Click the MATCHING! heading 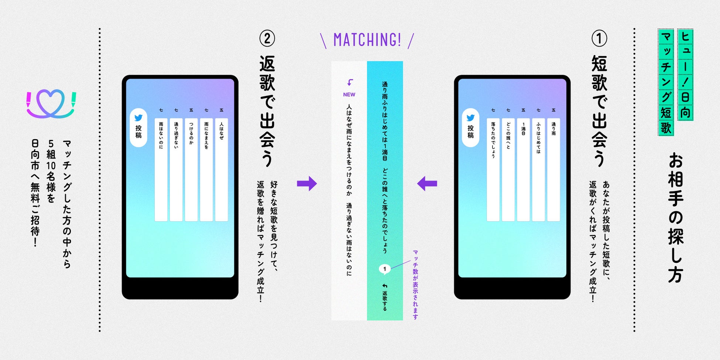[x=367, y=40]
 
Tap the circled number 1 [x=599, y=38]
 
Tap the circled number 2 [x=267, y=38]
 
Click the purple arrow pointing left [x=427, y=184]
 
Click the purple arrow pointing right [x=307, y=184]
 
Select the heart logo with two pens [x=51, y=104]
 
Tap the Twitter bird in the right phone [x=470, y=118]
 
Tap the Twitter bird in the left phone [x=138, y=118]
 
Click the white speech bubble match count [x=385, y=269]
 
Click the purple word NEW [x=349, y=95]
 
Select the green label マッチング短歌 [x=666, y=82]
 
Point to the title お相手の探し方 [x=675, y=218]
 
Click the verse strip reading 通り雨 [x=553, y=169]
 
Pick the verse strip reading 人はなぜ [x=221, y=169]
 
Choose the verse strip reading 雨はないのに [x=161, y=169]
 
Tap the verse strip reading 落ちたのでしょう [x=493, y=169]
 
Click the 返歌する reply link [x=385, y=298]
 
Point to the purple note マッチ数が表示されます [x=415, y=284]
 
